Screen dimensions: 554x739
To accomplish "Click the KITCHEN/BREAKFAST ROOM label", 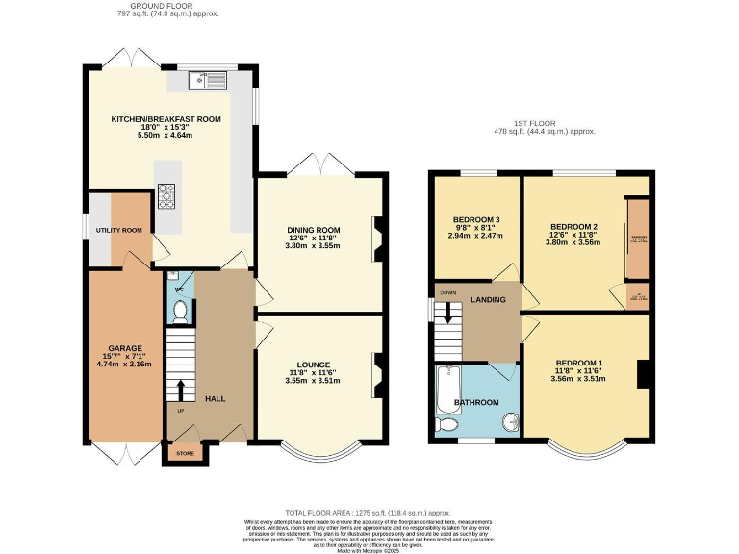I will tap(152, 119).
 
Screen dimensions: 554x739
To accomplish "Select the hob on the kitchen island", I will tap(166, 196).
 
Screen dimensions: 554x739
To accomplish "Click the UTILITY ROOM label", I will tap(118, 231).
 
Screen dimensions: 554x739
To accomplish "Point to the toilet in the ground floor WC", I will tap(180, 309).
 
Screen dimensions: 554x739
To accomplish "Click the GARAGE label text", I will tap(125, 347).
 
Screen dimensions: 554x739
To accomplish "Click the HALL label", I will tap(216, 397).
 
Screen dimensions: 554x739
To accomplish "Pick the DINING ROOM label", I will tap(314, 230).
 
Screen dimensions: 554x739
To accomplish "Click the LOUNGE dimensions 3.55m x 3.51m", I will tap(314, 381).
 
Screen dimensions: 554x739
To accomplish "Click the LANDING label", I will tap(488, 300).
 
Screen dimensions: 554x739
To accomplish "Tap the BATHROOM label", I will tap(477, 402).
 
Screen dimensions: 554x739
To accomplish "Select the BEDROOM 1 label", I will tap(580, 362).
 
